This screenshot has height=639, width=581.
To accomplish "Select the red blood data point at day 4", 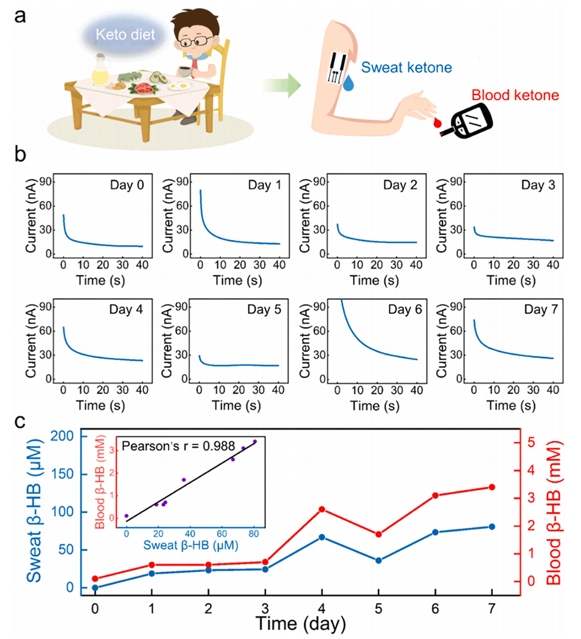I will point(322,509).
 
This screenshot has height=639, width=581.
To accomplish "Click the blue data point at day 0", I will point(95,588).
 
